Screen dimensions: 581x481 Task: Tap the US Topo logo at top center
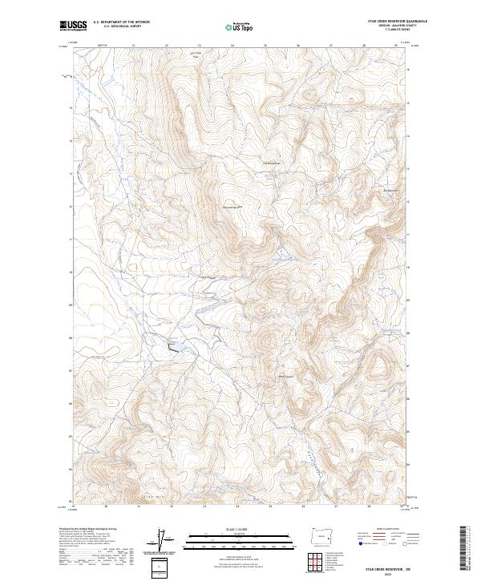pyautogui.click(x=239, y=26)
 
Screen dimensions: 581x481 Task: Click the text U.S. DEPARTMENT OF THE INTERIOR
pyautogui.click(x=121, y=22)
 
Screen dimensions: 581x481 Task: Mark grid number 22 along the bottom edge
pyautogui.click(x=172, y=507)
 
